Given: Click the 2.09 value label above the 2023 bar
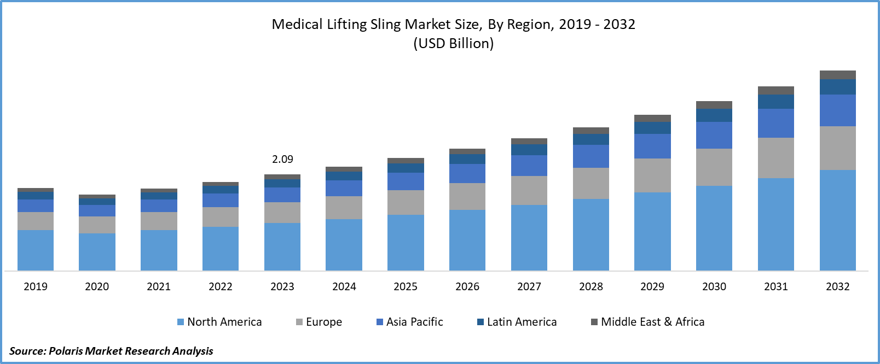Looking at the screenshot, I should coord(282,159).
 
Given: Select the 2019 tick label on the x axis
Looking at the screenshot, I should coord(36,286).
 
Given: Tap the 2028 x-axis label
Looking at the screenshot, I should coord(591,286).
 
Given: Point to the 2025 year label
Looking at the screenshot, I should coord(406,286).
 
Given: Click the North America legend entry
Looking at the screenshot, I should coord(219,322).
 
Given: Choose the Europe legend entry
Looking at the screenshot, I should coord(319,322).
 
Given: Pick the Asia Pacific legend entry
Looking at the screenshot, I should coord(410,322).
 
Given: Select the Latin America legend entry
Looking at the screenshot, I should coord(517,322).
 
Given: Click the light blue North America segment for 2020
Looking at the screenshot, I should coord(97,252).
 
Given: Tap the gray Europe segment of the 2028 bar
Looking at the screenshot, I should coord(591,183).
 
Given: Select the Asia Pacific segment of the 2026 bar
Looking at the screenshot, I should coord(467,173).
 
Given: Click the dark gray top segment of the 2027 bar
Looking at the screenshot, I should coord(529,141).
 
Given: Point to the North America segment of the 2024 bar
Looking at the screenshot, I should coord(344,245).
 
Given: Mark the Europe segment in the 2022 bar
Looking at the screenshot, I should coord(221,217).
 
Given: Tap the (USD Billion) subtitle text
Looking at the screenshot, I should coord(453,44).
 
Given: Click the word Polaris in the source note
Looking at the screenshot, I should coord(66,350).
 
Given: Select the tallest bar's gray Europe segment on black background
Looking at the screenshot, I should coord(838,148).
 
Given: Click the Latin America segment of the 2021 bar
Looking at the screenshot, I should coord(159,196).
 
